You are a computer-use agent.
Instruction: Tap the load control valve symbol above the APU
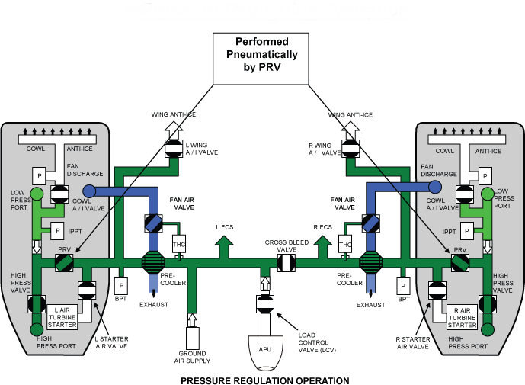266,305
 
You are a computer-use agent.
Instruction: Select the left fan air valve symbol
152,224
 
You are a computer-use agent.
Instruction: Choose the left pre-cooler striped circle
152,262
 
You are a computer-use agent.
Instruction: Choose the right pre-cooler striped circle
371,262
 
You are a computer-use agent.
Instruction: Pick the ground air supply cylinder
192,336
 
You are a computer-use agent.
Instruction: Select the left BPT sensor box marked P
120,285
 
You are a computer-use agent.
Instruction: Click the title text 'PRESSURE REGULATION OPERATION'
264,380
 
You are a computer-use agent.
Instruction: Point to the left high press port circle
36,329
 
